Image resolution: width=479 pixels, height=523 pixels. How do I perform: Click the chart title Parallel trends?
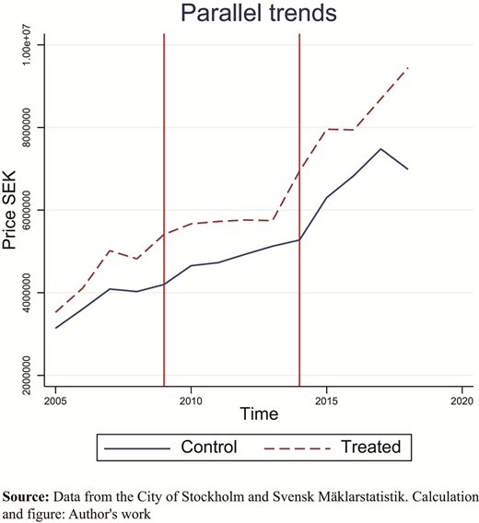pyautogui.click(x=259, y=13)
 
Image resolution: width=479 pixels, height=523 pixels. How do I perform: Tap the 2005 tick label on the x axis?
pyautogui.click(x=55, y=401)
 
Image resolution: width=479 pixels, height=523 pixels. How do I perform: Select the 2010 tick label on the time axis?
pyautogui.click(x=191, y=401)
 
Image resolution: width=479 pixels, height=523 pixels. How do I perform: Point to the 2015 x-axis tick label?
pyautogui.click(x=326, y=401)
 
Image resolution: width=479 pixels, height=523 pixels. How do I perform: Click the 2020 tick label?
pyautogui.click(x=462, y=401)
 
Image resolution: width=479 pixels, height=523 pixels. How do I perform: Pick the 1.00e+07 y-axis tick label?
pyautogui.click(x=26, y=45)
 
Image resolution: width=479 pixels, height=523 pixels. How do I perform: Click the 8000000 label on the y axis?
pyautogui.click(x=26, y=127)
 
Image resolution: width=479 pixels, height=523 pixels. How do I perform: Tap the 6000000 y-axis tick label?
pyautogui.click(x=26, y=210)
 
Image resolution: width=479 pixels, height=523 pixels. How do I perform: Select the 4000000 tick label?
pyautogui.click(x=26, y=293)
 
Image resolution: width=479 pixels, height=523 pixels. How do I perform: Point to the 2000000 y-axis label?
pyautogui.click(x=26, y=376)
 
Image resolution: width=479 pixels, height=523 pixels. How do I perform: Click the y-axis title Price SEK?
pyautogui.click(x=9, y=210)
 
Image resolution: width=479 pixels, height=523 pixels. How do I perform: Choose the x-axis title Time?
pyautogui.click(x=259, y=414)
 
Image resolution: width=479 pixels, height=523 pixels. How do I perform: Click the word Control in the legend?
pyautogui.click(x=209, y=447)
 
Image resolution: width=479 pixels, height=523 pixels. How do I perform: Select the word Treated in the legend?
pyautogui.click(x=371, y=447)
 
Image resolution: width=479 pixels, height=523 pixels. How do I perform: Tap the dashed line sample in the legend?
pyautogui.click(x=298, y=448)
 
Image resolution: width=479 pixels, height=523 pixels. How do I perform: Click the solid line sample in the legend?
pyautogui.click(x=137, y=448)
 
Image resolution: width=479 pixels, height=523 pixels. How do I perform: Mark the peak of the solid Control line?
pyautogui.click(x=380, y=149)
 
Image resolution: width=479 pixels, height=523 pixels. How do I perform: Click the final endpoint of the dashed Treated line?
pyautogui.click(x=408, y=68)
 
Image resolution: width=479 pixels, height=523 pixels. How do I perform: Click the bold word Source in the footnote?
pyautogui.click(x=26, y=497)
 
